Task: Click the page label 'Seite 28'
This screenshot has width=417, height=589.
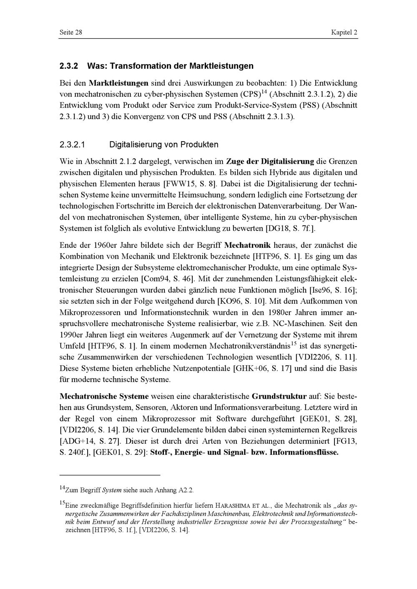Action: [70, 32]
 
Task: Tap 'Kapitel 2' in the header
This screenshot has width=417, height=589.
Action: [344, 32]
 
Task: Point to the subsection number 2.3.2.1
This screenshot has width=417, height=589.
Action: [73, 145]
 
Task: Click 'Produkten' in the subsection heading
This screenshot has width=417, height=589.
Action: [199, 145]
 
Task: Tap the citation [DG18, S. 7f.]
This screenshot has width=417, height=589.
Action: [293, 229]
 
